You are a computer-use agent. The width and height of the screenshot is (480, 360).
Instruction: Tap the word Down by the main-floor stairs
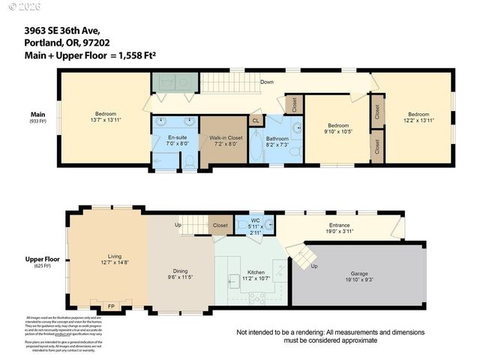[266, 81]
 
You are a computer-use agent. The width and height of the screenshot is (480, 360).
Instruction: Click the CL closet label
[255, 120]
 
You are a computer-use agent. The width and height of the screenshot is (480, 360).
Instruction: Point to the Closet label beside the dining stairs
[220, 224]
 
